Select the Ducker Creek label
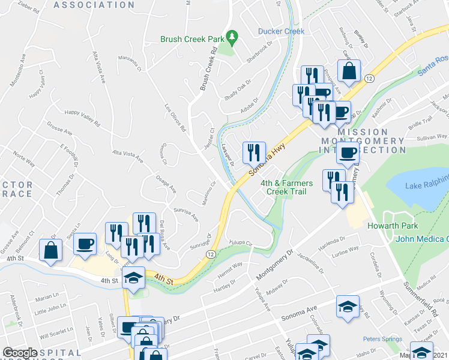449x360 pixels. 281,31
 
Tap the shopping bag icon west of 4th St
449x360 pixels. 51,251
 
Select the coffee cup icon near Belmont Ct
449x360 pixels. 86,244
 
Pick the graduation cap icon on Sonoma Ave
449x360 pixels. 348,307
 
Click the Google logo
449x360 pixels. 20,353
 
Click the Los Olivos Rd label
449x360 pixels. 176,118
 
